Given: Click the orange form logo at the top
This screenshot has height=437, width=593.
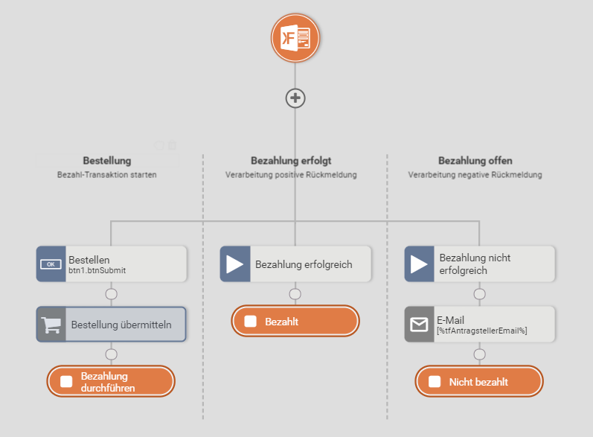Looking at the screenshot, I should click(295, 37).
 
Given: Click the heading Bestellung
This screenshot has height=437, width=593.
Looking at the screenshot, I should click(107, 161).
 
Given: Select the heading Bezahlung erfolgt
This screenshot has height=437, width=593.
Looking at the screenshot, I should click(291, 161).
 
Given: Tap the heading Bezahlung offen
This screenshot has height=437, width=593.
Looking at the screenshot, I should click(475, 161).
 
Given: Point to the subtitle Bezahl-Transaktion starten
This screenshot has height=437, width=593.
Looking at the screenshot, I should click(107, 175).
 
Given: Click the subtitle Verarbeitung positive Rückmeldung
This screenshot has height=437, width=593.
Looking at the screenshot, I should click(291, 175).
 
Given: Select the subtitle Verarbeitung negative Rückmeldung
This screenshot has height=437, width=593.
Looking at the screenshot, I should click(475, 175).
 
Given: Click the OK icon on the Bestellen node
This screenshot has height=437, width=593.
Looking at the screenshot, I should click(51, 264).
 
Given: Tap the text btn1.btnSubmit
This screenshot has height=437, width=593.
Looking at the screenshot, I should click(97, 271).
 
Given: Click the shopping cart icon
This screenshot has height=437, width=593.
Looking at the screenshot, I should click(51, 325).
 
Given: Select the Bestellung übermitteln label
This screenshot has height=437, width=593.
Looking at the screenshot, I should click(121, 325).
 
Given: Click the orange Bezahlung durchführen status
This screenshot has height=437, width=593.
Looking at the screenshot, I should click(111, 382).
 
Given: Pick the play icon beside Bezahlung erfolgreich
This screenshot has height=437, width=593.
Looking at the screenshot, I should click(234, 264).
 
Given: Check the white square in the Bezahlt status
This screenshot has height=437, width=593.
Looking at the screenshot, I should click(251, 322).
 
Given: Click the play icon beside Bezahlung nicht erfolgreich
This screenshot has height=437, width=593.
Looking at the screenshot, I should click(419, 264).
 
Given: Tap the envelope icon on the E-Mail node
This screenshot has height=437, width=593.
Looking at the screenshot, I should click(419, 325).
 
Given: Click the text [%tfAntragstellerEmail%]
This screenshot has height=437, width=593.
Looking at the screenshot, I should click(481, 331).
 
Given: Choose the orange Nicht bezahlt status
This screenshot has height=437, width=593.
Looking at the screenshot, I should click(478, 382).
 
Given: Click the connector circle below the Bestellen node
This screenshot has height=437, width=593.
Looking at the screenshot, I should click(112, 293).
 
